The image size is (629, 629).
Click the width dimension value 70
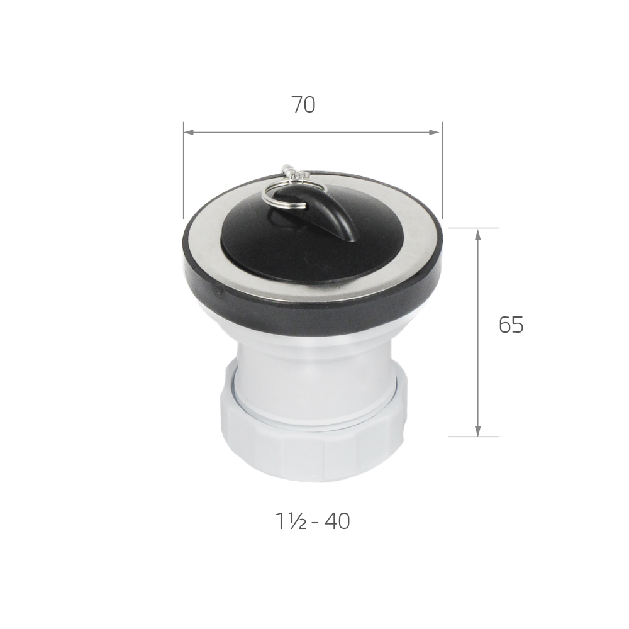click(303, 104)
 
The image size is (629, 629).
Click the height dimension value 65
click(511, 325)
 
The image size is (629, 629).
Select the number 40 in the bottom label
click(337, 521)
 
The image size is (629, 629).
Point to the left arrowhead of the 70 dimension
click(189, 132)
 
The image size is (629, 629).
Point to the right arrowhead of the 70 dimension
click(436, 132)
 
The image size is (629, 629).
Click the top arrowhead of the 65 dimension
click(477, 234)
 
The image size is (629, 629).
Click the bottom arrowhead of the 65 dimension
click(477, 430)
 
